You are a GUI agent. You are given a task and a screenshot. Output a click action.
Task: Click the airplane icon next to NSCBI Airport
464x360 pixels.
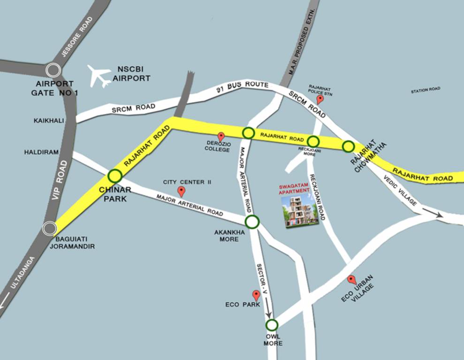(x=99, y=76)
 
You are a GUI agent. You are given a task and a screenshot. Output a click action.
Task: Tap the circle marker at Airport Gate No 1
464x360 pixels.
(x=53, y=71)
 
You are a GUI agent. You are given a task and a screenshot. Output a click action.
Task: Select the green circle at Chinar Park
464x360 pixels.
(x=115, y=176)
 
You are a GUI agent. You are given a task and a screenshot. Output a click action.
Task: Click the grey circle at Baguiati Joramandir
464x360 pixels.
(x=49, y=229)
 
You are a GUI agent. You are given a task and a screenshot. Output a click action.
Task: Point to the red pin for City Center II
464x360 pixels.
(x=181, y=191)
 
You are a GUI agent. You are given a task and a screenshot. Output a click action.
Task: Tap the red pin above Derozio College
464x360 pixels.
(x=221, y=137)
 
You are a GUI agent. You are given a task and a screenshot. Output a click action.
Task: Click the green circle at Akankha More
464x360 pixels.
(x=252, y=222)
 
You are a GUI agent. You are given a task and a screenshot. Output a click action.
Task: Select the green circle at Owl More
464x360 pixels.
(x=272, y=324)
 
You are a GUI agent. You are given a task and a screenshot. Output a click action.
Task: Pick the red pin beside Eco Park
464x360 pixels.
(x=256, y=295)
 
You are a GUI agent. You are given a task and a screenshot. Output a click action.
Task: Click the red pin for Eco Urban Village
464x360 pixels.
(x=351, y=280)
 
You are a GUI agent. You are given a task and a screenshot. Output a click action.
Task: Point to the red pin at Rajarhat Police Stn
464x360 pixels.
(x=320, y=99)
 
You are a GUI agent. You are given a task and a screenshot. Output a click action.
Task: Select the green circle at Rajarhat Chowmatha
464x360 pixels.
(x=348, y=146)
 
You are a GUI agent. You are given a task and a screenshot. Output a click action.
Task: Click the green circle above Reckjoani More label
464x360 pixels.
(x=313, y=141)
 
